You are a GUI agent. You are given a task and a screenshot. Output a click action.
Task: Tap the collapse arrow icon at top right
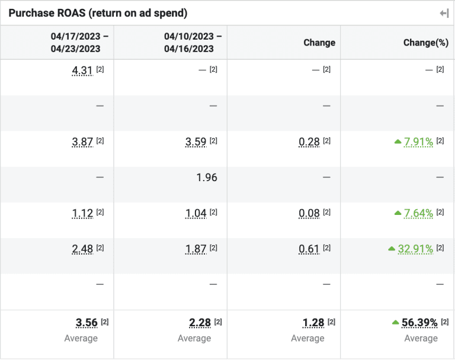pyautogui.click(x=444, y=13)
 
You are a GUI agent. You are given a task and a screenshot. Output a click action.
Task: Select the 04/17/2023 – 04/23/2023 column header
pyautogui.click(x=75, y=43)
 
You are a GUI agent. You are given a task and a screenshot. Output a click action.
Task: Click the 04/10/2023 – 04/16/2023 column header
pyautogui.click(x=189, y=43)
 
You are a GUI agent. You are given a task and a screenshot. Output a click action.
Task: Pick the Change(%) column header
pyautogui.click(x=425, y=43)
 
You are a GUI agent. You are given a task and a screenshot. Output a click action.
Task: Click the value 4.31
pyautogui.click(x=82, y=70)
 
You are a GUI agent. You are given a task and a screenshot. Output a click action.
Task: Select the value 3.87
pyautogui.click(x=82, y=142)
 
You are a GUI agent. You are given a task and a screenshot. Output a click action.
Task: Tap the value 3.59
pyautogui.click(x=196, y=142)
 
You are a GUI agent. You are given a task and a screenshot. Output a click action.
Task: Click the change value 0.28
pyautogui.click(x=309, y=142)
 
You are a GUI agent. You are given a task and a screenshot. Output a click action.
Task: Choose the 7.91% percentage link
pyautogui.click(x=418, y=142)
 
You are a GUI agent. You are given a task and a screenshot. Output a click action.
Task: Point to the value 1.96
pyautogui.click(x=206, y=177)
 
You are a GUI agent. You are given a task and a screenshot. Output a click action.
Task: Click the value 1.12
pyautogui.click(x=82, y=213)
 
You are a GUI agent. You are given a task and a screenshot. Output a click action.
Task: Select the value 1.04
pyautogui.click(x=196, y=213)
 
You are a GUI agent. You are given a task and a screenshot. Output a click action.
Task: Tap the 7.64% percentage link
pyautogui.click(x=418, y=213)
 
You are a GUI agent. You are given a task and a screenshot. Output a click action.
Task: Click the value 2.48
pyautogui.click(x=82, y=249)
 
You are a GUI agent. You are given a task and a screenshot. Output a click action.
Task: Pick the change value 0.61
pyautogui.click(x=309, y=249)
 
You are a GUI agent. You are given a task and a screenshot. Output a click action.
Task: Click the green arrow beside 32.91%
pyautogui.click(x=391, y=249)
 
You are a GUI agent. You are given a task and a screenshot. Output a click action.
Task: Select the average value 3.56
pyautogui.click(x=86, y=323)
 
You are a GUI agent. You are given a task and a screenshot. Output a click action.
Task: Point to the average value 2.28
pyautogui.click(x=200, y=323)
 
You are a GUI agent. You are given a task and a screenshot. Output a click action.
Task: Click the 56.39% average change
pyautogui.click(x=419, y=323)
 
